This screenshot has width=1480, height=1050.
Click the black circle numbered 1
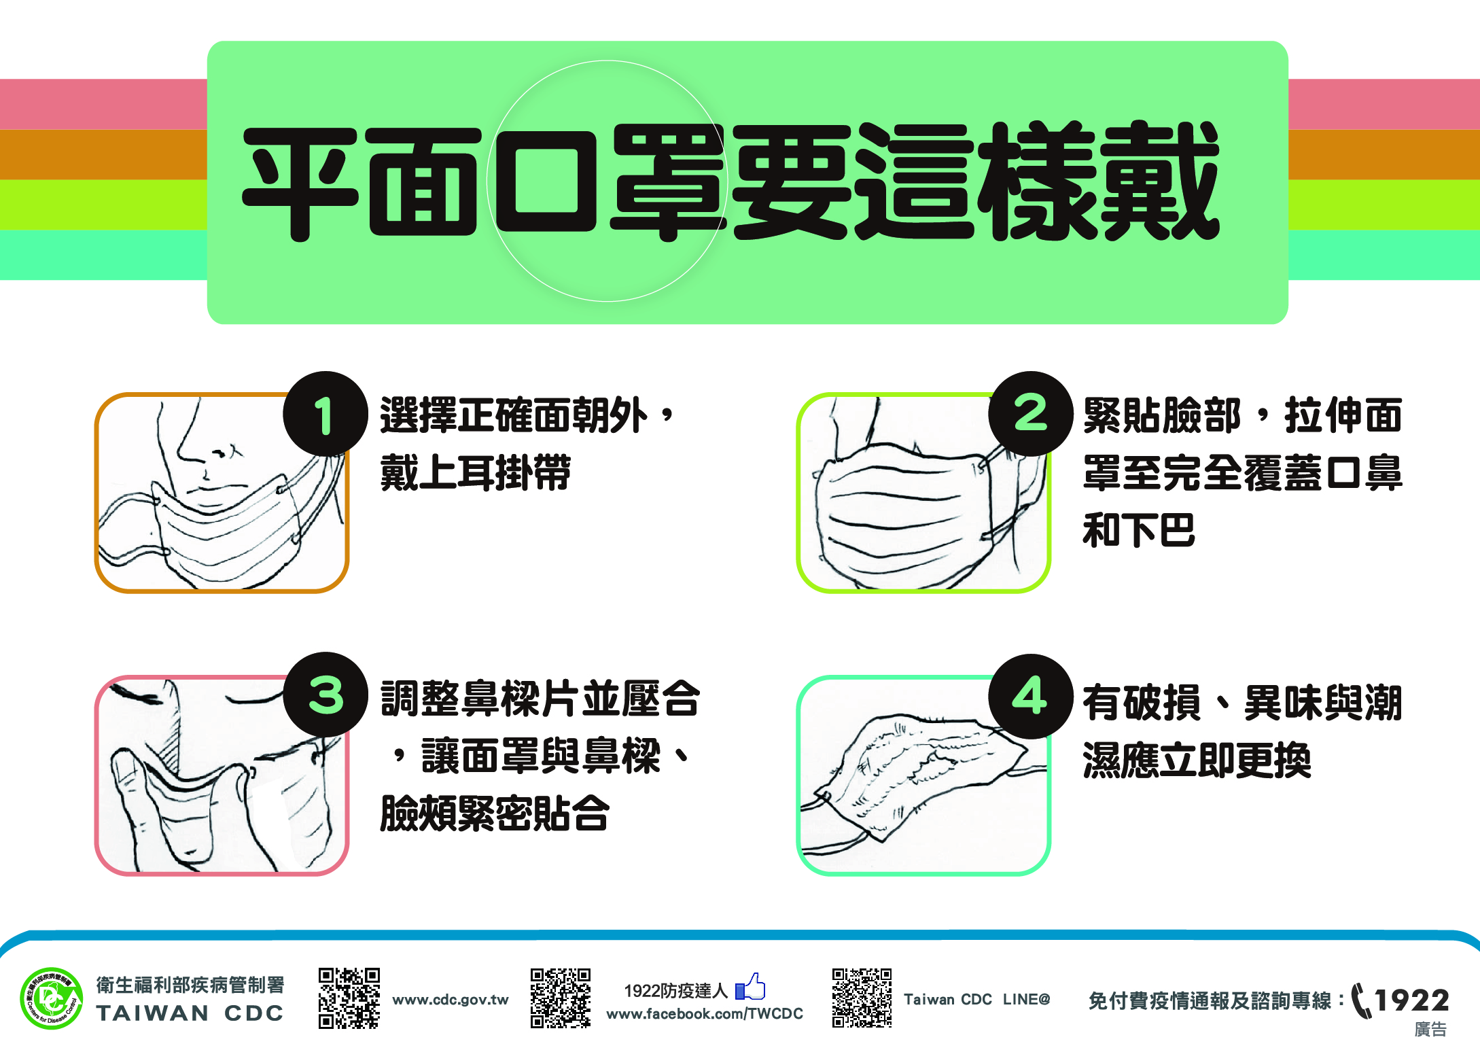(x=325, y=413)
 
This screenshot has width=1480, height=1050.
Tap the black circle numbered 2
(x=1031, y=413)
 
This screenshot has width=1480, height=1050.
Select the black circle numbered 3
(x=325, y=695)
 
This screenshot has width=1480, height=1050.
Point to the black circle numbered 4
(x=1031, y=696)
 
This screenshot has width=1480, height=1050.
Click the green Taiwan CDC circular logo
(x=52, y=998)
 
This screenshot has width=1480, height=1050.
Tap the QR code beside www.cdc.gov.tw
(x=349, y=998)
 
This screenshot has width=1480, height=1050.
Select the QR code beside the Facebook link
(x=561, y=998)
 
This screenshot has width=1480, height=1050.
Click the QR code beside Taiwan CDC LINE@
(x=862, y=998)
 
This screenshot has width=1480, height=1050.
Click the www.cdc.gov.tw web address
(x=451, y=1000)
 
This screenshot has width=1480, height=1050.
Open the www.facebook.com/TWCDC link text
(x=705, y=1014)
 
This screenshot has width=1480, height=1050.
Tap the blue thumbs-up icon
(x=750, y=987)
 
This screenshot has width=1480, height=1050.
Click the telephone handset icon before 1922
(x=1361, y=1001)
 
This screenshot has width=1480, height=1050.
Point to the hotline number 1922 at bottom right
(x=1412, y=1000)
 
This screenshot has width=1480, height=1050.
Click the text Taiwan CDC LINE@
(x=977, y=1000)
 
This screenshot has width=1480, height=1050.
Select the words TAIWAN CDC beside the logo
(x=190, y=1013)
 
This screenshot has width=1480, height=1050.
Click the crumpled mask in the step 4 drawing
(x=924, y=775)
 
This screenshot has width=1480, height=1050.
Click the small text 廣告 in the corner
(x=1430, y=1030)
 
